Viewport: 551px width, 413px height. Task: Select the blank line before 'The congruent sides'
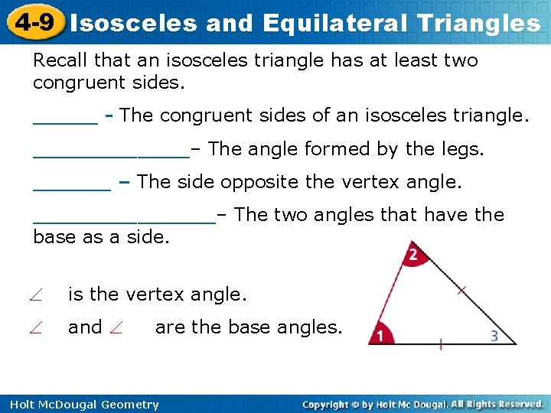click(x=65, y=121)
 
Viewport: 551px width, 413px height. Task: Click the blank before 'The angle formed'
click(x=111, y=154)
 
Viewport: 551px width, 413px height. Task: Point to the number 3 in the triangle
click(x=494, y=335)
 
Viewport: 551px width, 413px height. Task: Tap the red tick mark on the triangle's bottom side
click(x=441, y=344)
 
